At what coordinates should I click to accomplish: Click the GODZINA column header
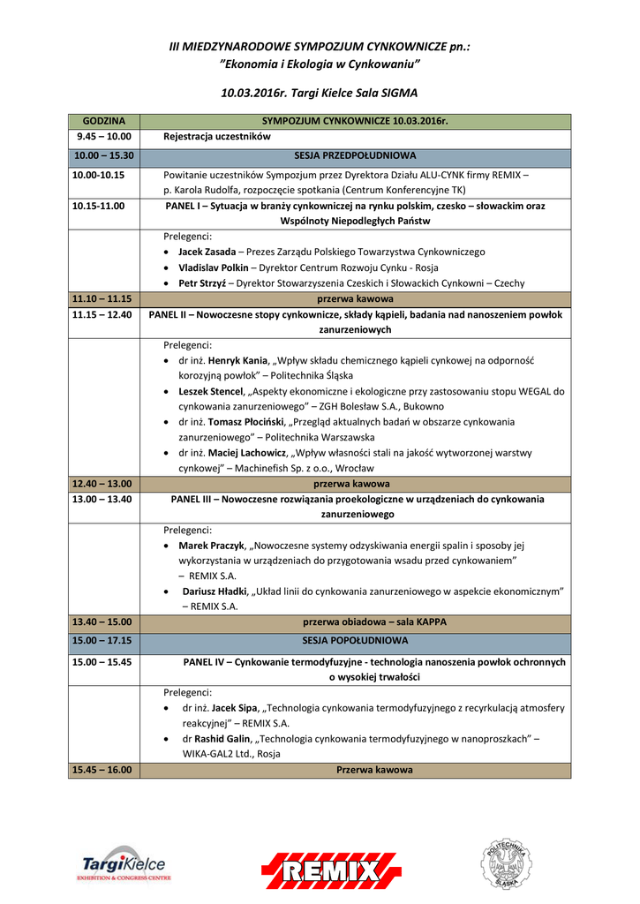coord(104,121)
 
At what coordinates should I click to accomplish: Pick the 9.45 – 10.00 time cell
coord(104,137)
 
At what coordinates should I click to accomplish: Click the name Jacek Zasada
coord(207,252)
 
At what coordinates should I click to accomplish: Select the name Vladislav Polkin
coord(213,267)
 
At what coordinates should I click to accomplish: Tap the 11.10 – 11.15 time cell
coord(104,298)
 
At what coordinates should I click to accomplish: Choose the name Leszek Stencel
coord(210,391)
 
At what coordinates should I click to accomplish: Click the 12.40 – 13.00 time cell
coord(104,484)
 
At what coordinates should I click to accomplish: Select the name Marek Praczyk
coord(211,546)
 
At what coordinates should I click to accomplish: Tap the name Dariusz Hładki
coord(215,591)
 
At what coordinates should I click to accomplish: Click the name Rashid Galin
coord(227,738)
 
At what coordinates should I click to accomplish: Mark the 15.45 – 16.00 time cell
coord(104,770)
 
